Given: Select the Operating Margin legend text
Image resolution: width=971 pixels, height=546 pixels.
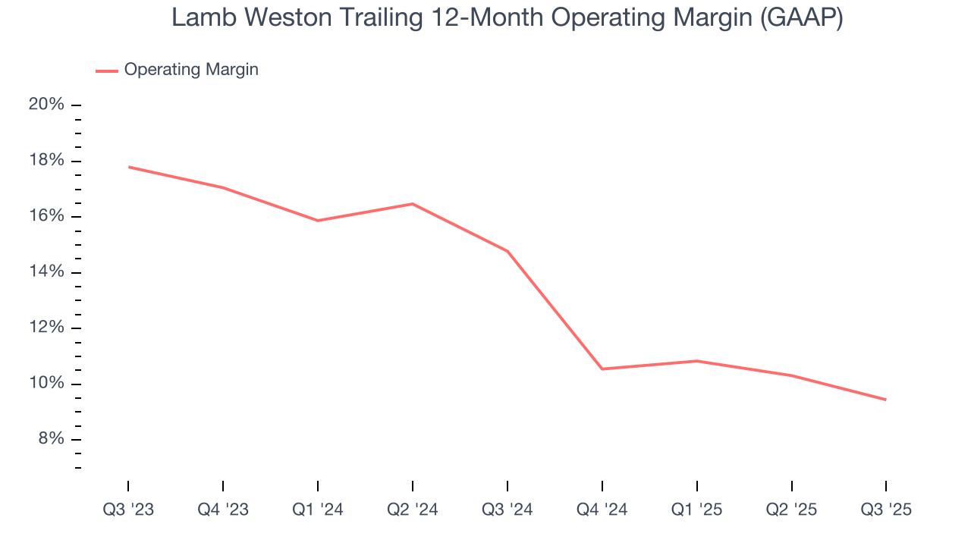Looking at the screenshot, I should point(191,70).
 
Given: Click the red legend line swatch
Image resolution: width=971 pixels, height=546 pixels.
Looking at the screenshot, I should point(106,71).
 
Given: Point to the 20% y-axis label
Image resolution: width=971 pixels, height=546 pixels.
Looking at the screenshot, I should point(46,105).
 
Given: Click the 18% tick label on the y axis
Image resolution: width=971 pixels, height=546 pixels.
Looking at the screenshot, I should point(46,161).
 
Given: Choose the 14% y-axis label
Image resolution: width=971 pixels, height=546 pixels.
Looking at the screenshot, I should point(46,272).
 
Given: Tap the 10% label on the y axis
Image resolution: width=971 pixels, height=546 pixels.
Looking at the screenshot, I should point(46,384).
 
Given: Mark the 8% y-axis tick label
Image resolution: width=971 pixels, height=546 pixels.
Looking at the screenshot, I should point(50,439).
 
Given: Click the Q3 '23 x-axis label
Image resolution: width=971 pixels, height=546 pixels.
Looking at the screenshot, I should point(128,510).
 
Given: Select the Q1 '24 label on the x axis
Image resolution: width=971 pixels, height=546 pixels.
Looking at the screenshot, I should point(318,510).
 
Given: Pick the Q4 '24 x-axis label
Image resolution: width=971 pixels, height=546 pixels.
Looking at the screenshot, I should point(602,510).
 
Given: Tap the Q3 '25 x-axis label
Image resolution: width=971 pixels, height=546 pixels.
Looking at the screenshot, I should point(886,510).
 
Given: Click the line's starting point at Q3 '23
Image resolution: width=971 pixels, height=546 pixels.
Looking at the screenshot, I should point(128,167).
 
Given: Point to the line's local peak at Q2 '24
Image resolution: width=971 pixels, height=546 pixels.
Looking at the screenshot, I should point(412,203).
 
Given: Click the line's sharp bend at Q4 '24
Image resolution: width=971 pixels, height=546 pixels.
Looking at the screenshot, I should point(602,369).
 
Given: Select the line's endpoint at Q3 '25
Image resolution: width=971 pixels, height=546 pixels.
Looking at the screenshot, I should point(885,400).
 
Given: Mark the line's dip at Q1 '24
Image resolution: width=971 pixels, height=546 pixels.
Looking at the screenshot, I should point(318,221).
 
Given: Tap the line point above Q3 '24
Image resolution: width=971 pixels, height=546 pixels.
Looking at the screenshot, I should point(507,251).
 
